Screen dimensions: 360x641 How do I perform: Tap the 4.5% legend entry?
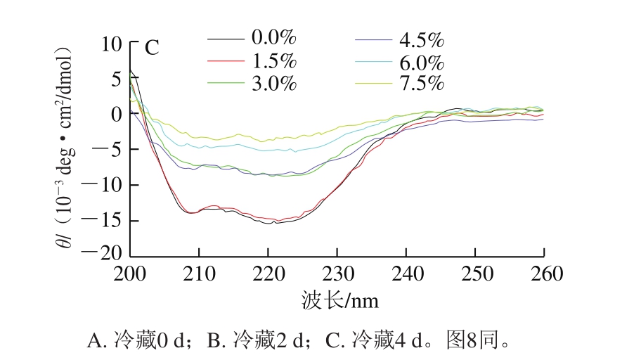tap(422, 39)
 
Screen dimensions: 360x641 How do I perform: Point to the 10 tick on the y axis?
tap(111, 44)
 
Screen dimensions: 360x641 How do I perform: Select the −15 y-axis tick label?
tap(106, 220)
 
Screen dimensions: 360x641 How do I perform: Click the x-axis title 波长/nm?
tap(339, 301)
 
